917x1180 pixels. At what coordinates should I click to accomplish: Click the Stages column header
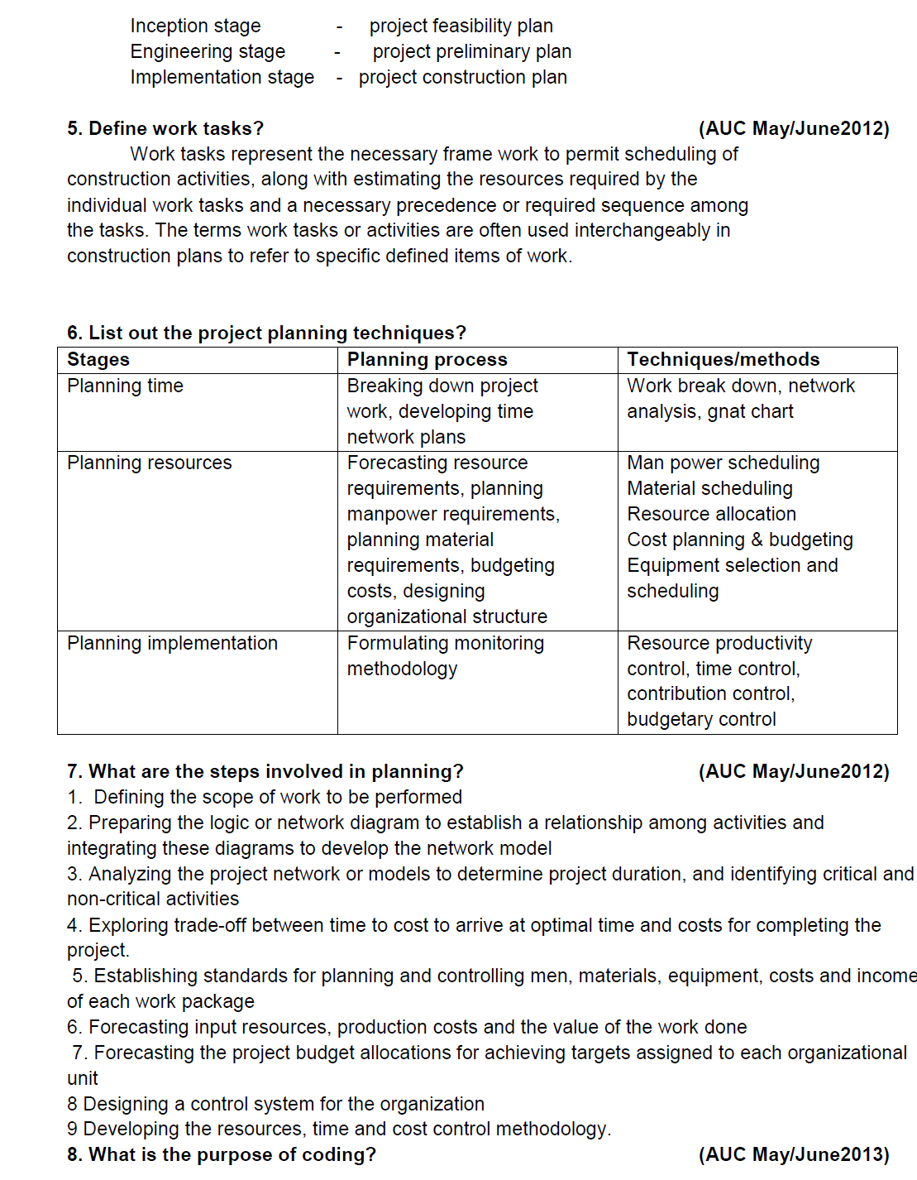[x=98, y=360]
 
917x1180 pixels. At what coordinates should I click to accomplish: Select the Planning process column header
[x=427, y=360]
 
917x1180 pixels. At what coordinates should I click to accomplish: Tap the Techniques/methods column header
[x=723, y=360]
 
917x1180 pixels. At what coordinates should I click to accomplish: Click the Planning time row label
[x=125, y=386]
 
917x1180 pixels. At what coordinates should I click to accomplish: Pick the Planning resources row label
[x=149, y=463]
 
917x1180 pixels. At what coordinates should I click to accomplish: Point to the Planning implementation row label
[x=172, y=644]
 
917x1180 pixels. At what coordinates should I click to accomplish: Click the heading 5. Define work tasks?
[x=165, y=129]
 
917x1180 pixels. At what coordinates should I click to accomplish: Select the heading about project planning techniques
[x=266, y=333]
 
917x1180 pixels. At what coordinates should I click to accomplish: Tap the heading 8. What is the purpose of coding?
[x=221, y=1155]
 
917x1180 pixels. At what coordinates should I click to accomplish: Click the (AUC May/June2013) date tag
[x=794, y=1155]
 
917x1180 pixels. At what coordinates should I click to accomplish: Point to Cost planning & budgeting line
[x=739, y=540]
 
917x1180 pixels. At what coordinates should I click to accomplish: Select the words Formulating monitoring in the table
[x=445, y=644]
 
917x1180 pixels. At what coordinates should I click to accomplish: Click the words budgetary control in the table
[x=701, y=720]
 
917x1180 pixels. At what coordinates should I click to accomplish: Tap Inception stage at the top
[x=195, y=26]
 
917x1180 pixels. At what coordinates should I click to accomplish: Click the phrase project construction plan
[x=462, y=78]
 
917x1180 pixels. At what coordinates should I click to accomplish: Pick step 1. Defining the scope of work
[x=265, y=798]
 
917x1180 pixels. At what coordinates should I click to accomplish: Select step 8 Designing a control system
[x=275, y=1105]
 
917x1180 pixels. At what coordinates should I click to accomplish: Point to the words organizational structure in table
[x=447, y=617]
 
